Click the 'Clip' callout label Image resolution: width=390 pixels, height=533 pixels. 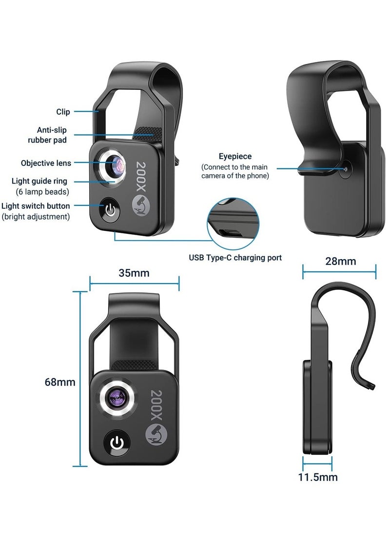(63, 112)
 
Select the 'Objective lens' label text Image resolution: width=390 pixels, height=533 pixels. (46, 163)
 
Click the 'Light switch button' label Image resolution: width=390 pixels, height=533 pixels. (36, 206)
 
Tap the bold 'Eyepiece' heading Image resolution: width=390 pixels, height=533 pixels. (235, 156)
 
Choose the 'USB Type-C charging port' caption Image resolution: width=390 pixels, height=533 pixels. (235, 258)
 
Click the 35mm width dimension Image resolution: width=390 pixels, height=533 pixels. (134, 273)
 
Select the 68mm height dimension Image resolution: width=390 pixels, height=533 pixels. (60, 382)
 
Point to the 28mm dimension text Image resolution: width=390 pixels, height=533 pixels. (340, 261)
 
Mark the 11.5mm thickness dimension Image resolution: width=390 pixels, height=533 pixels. (318, 477)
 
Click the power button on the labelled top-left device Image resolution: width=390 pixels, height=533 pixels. (111, 211)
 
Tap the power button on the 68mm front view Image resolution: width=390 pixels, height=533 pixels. (117, 442)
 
